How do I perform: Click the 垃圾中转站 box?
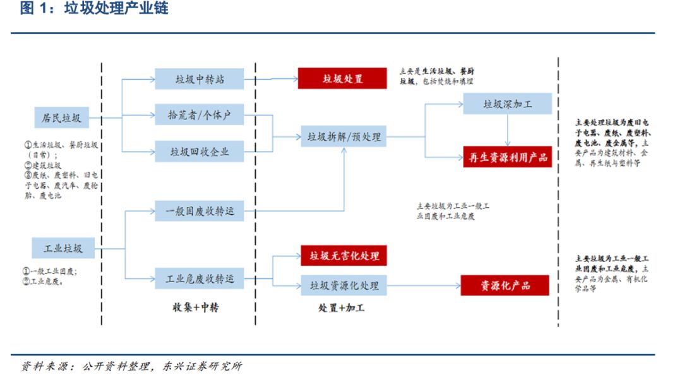click(199, 79)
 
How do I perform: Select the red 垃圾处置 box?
click(343, 78)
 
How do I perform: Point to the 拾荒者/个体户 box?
click(199, 116)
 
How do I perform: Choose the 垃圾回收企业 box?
click(199, 152)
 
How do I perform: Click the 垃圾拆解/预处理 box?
click(344, 136)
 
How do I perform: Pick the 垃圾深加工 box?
click(507, 104)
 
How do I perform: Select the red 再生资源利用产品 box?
click(507, 157)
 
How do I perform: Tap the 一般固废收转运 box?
click(199, 211)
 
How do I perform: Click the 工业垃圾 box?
click(63, 247)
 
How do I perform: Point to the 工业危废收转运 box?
click(199, 278)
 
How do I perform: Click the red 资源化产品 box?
click(505, 285)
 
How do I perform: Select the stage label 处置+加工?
click(342, 308)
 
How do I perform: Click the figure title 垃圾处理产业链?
click(116, 9)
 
